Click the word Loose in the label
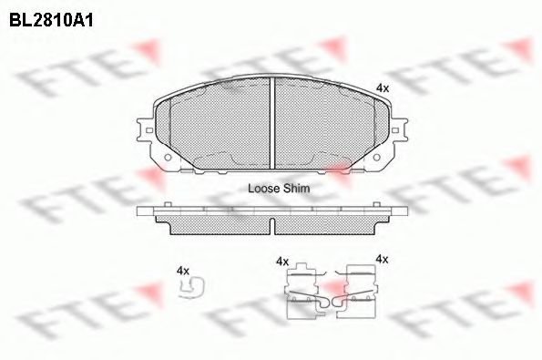point(264,189)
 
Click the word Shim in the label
point(297,189)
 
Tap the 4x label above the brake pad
point(383,87)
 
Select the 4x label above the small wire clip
point(182,271)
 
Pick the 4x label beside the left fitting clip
point(282,261)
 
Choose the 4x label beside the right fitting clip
point(382,260)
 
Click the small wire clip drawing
point(192,287)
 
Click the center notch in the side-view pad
point(273,224)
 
